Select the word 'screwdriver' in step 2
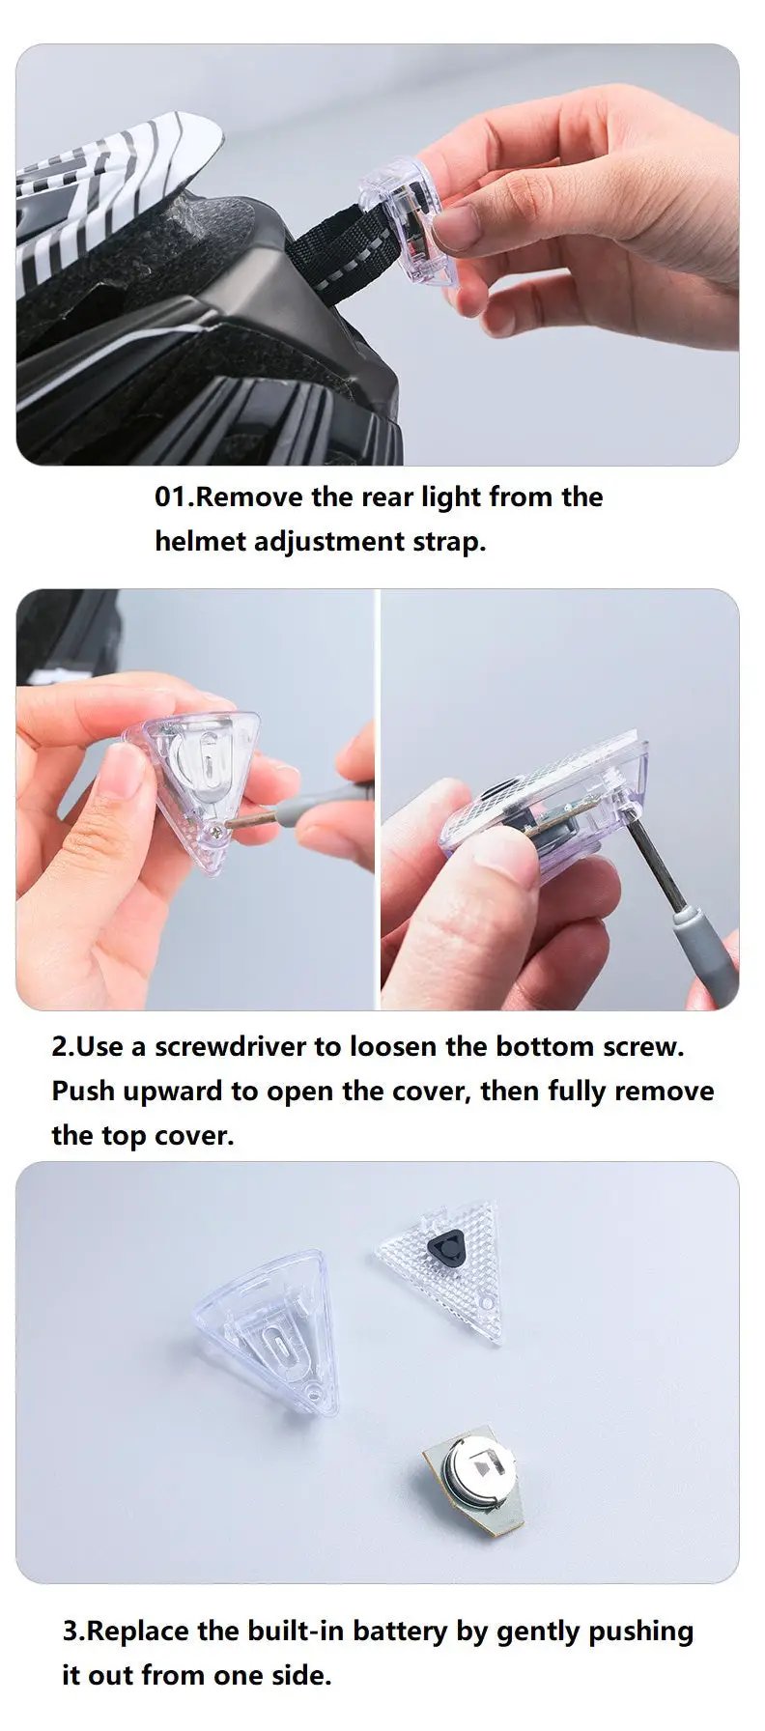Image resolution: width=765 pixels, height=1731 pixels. tap(231, 1047)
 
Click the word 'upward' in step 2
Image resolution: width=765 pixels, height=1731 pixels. tap(176, 1093)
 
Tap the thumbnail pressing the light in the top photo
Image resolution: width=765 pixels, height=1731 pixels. tap(456, 227)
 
